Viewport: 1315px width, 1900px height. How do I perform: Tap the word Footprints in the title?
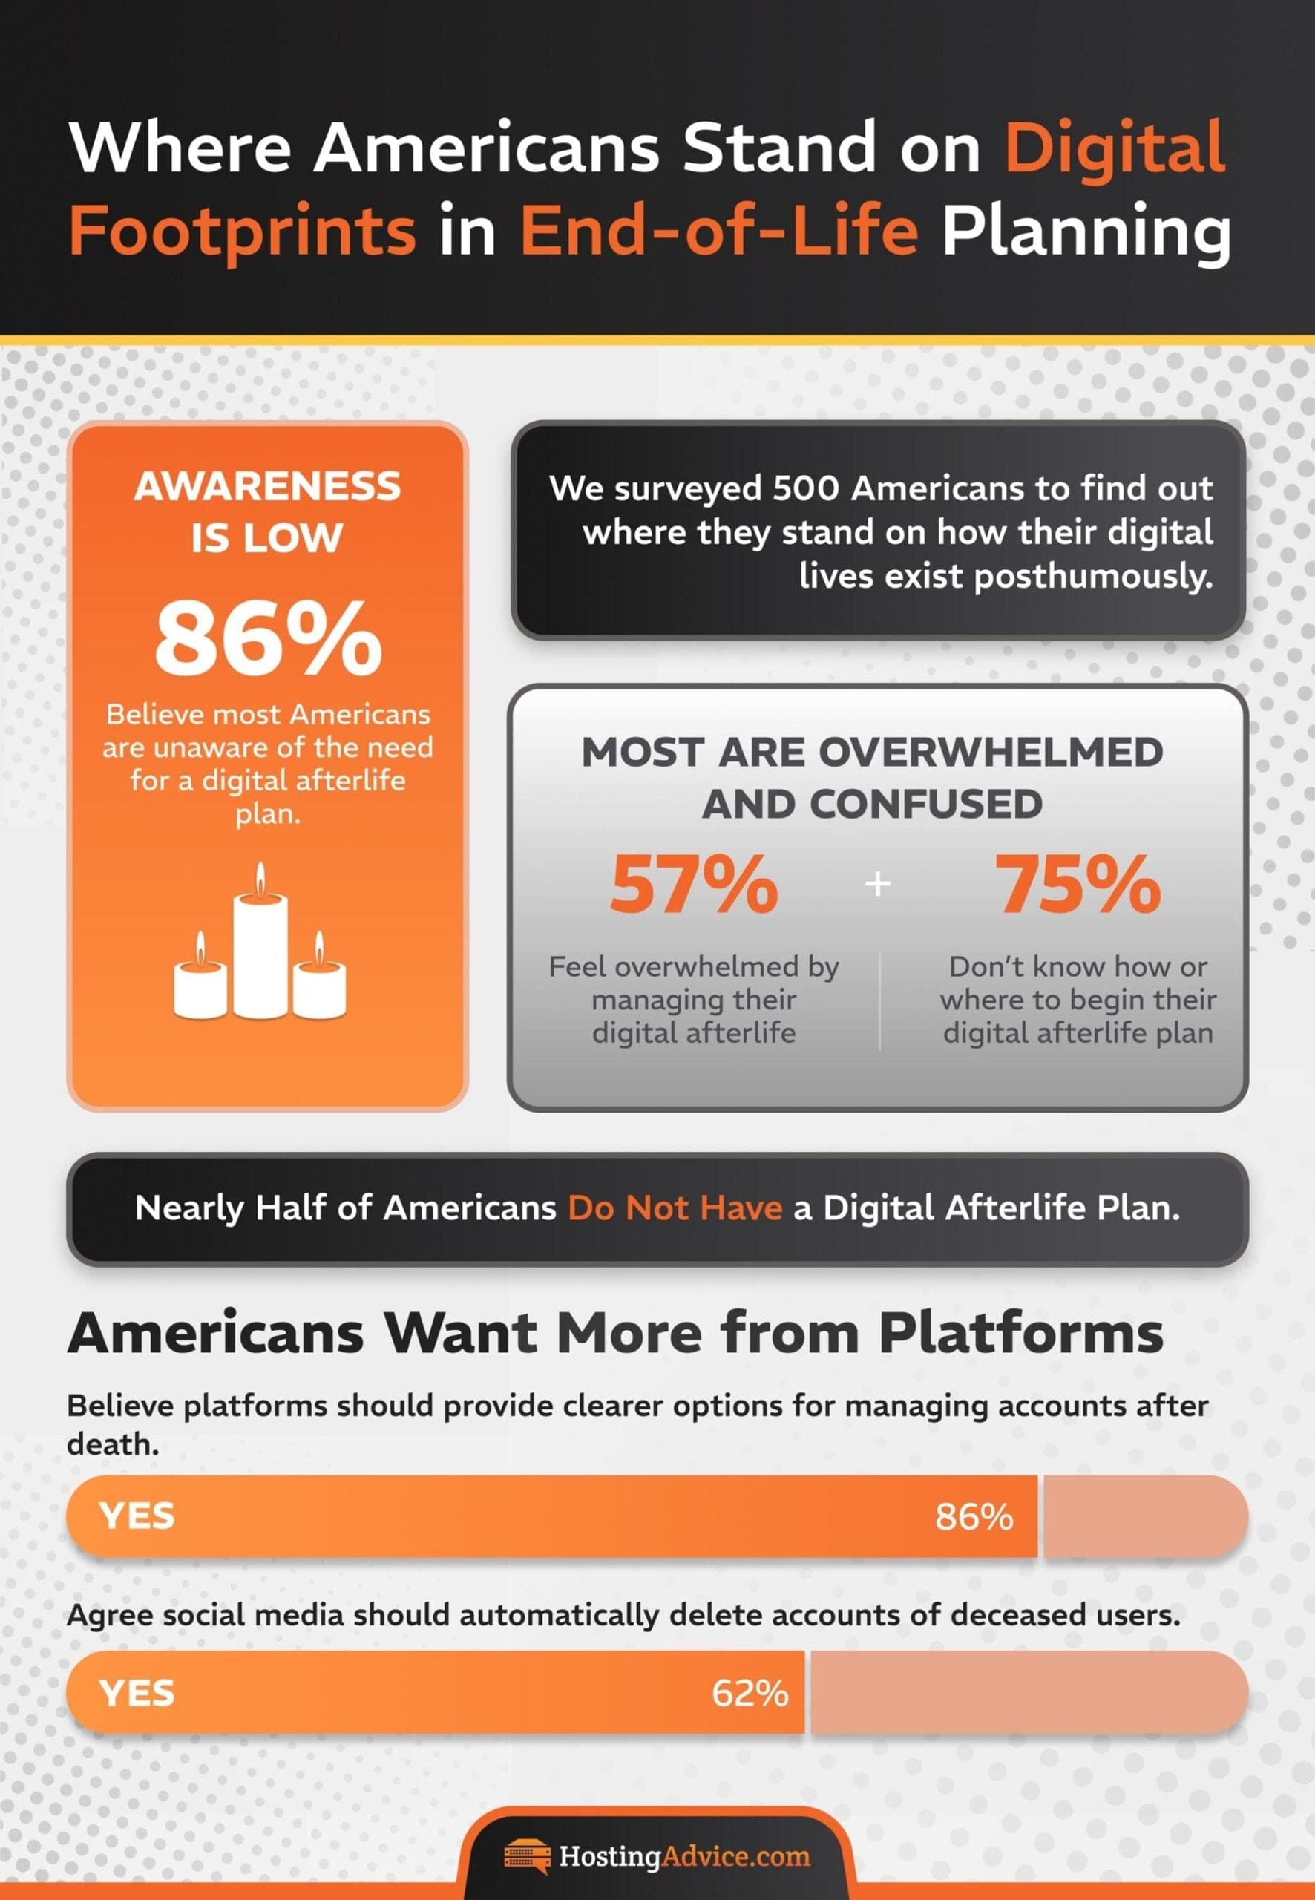point(242,233)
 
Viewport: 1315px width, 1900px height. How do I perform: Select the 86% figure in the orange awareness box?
point(268,638)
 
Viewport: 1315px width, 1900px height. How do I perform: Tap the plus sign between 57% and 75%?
point(879,883)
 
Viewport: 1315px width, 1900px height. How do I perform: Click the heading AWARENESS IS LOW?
point(267,511)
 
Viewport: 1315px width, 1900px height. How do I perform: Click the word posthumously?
point(1093,577)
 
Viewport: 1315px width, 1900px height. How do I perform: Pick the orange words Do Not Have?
point(675,1208)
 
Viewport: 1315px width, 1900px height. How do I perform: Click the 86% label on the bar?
point(974,1517)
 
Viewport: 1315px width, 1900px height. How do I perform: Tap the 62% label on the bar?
point(750,1693)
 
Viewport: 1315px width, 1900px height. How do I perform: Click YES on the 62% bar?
point(137,1693)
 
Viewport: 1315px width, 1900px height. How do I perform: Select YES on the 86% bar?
point(137,1517)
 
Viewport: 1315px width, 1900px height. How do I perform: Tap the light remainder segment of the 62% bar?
point(1029,1693)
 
